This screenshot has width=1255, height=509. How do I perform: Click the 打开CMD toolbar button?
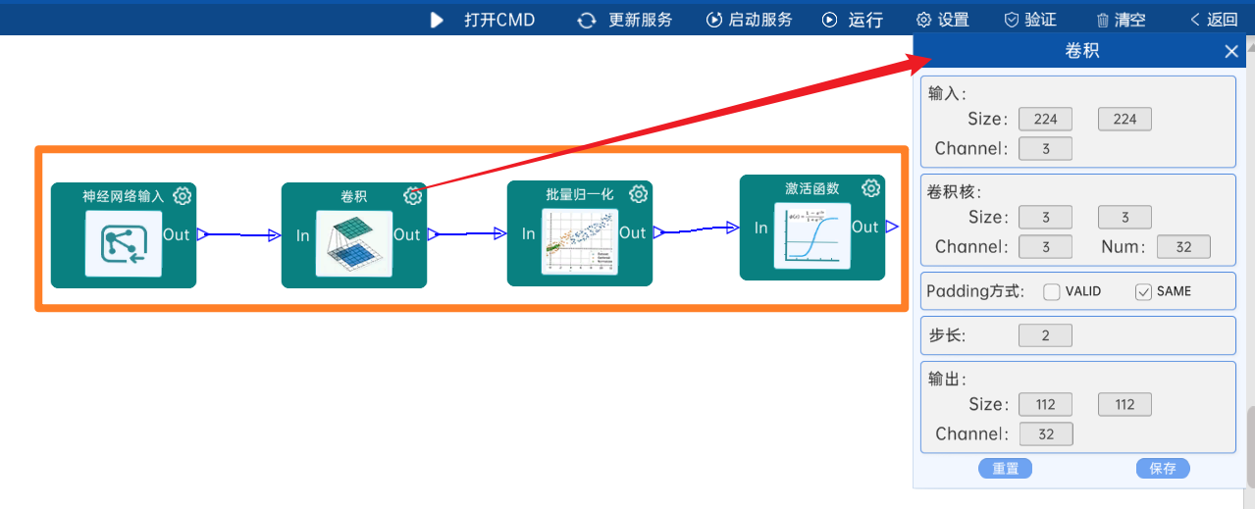click(483, 20)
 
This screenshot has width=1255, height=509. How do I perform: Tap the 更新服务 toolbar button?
click(625, 20)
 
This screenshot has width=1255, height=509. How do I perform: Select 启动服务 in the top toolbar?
click(750, 20)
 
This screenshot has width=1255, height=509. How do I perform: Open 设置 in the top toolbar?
click(942, 20)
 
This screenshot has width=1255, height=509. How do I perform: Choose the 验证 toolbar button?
click(1030, 20)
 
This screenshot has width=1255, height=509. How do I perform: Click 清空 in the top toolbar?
click(1120, 20)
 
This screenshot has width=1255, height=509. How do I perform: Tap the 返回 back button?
click(1214, 20)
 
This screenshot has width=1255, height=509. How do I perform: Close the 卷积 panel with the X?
click(1231, 52)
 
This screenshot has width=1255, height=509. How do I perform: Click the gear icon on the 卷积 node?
click(413, 196)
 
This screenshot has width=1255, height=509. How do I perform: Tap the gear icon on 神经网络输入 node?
click(182, 196)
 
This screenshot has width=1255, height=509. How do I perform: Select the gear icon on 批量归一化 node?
click(639, 194)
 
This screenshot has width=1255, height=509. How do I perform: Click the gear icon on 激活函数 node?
click(870, 188)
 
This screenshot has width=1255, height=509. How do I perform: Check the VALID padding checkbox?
click(1052, 291)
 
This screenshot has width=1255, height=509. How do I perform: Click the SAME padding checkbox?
click(1143, 291)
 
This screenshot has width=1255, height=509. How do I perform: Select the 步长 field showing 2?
click(1045, 336)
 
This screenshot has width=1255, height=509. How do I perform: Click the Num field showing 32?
click(1183, 247)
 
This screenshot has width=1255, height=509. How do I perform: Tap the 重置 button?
click(1005, 469)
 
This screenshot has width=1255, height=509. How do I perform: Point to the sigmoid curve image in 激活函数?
click(811, 235)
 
